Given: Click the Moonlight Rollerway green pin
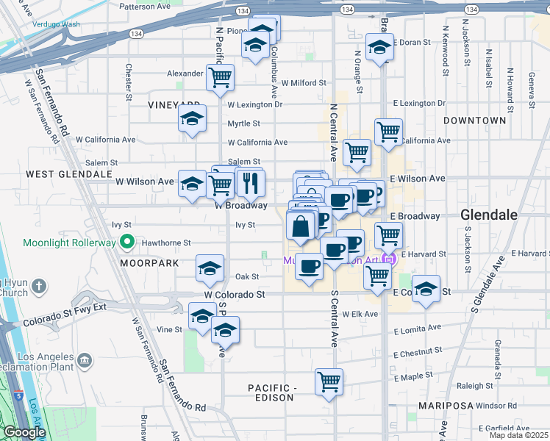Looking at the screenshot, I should pyautogui.click(x=127, y=240).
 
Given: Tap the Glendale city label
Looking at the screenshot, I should pyautogui.click(x=488, y=215).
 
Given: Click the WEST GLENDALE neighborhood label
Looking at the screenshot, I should pyautogui.click(x=62, y=174).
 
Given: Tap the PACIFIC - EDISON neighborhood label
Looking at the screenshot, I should pyautogui.click(x=280, y=388).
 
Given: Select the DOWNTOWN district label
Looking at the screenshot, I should pyautogui.click(x=474, y=120).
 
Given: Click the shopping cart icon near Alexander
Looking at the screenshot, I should pyautogui.click(x=220, y=76).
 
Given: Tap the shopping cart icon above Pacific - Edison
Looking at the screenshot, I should pyautogui.click(x=329, y=381).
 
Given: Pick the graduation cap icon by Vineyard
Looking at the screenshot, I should pyautogui.click(x=192, y=118).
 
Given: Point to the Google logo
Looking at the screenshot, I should pyautogui.click(x=24, y=432).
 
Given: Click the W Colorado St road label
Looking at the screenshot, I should pyautogui.click(x=234, y=295).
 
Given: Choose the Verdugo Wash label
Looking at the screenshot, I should pyautogui.click(x=56, y=24).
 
